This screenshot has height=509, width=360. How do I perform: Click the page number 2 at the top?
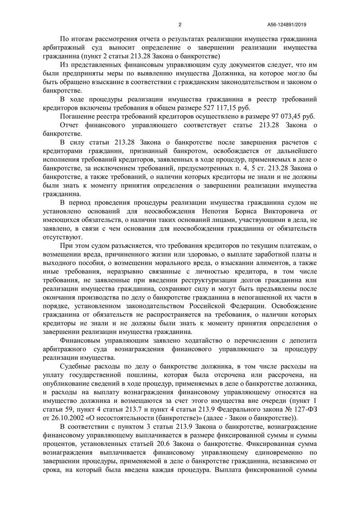[180, 24]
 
